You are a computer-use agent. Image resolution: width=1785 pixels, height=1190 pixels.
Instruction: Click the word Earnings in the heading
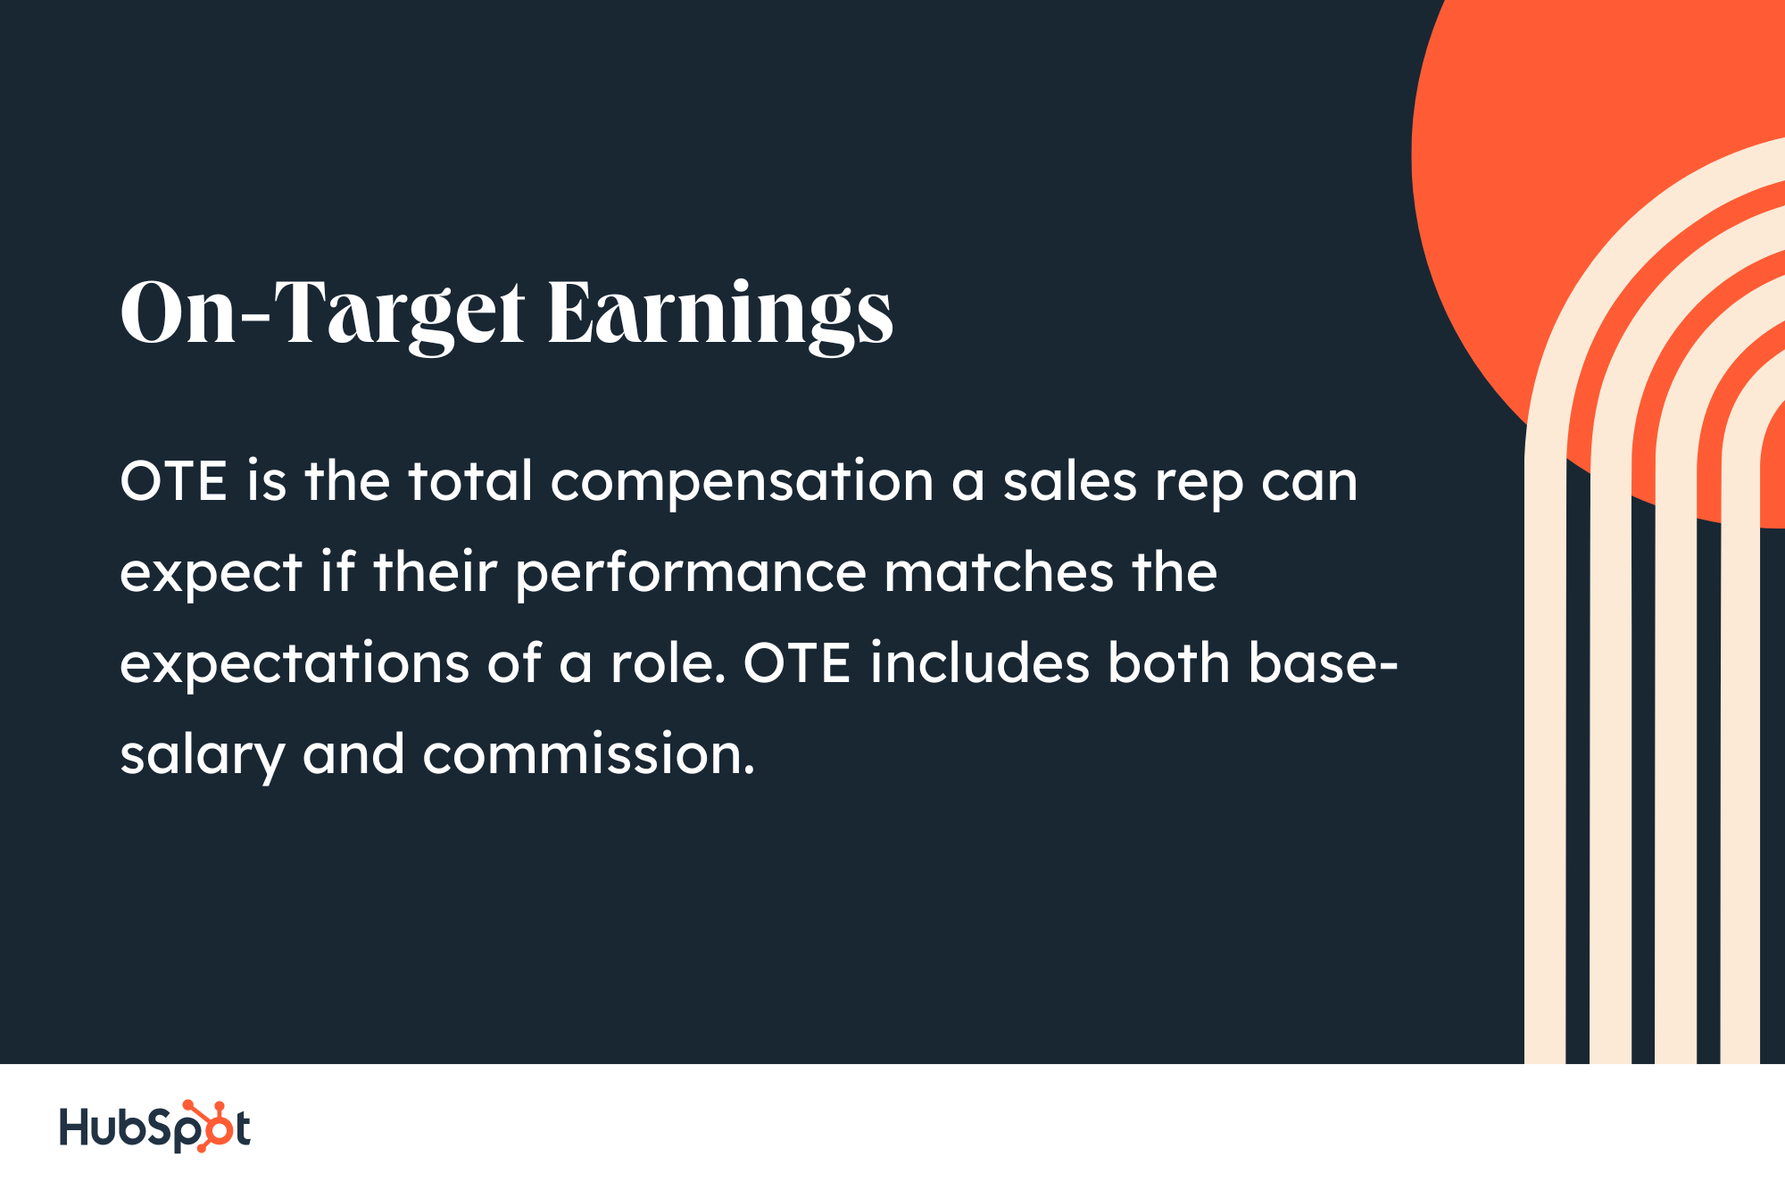[719, 313]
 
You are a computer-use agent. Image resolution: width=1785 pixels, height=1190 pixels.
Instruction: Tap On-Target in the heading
[322, 313]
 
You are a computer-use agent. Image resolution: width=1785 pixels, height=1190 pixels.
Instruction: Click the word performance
[691, 573]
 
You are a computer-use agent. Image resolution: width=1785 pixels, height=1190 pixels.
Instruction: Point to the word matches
[999, 573]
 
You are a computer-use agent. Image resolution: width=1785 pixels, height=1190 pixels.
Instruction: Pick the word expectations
[295, 664]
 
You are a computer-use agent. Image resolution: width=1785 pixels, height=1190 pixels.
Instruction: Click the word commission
[588, 755]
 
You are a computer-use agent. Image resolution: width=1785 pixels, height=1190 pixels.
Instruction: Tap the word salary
[203, 757]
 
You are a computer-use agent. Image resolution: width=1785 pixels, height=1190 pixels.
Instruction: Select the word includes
[980, 664]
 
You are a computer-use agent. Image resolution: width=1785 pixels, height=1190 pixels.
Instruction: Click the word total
[470, 482]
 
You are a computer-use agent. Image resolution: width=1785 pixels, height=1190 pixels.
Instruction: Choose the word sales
[1069, 482]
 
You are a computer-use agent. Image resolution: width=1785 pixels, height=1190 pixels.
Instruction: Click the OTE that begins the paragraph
[174, 482]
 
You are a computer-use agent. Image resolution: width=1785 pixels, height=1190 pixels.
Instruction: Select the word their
[435, 573]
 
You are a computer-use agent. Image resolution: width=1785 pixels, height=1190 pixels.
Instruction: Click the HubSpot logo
[154, 1127]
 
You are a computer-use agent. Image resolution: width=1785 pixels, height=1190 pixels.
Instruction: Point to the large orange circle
[1517, 179]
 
